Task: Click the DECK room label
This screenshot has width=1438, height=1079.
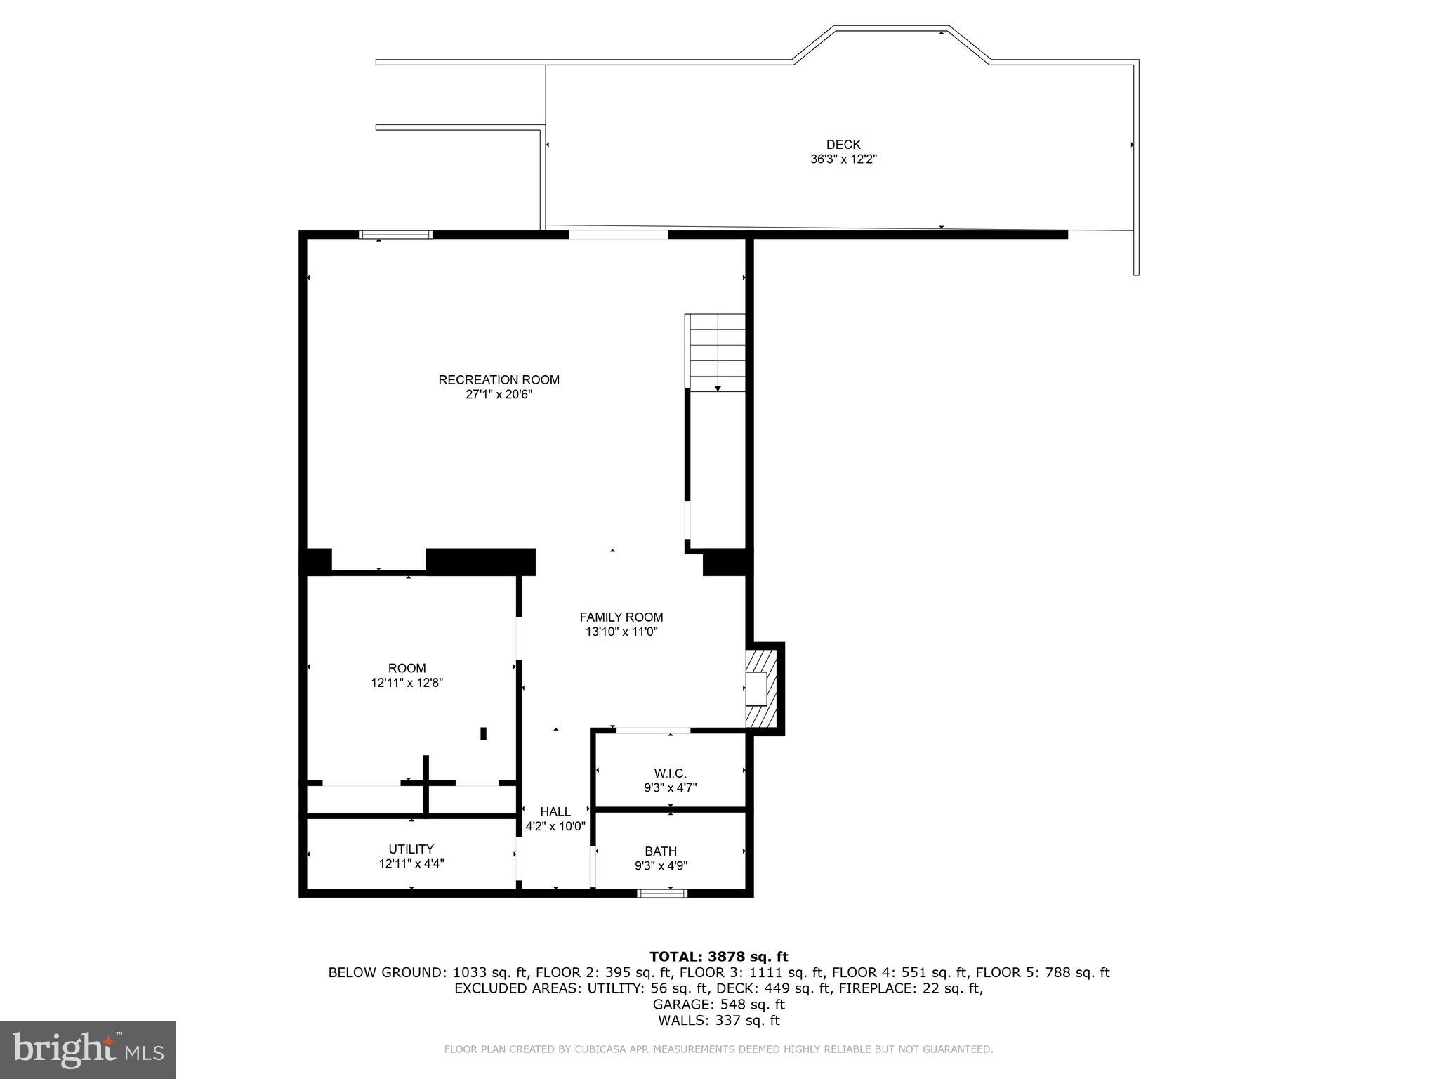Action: coord(843,145)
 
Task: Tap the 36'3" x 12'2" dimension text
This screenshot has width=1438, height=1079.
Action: coord(843,159)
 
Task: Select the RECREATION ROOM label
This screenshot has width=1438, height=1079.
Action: coord(499,380)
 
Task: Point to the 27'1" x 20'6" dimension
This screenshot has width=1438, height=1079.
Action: coord(499,395)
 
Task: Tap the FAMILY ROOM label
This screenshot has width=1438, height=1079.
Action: coord(621,617)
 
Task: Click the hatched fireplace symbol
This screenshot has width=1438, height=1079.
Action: coord(761,688)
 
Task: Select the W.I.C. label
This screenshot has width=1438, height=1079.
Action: coord(670,773)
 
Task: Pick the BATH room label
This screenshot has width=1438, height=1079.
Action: coord(661,851)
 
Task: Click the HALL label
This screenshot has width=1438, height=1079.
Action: coord(555,812)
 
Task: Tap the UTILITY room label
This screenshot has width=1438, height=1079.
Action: coord(411,849)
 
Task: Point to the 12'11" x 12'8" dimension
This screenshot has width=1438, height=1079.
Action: coord(407,683)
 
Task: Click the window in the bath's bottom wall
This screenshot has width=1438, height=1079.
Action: coord(662,893)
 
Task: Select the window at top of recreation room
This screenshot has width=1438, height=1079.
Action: coord(395,235)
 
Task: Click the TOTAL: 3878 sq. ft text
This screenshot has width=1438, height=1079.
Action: coord(718,957)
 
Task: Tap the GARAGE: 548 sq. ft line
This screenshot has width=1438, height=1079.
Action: coord(718,1005)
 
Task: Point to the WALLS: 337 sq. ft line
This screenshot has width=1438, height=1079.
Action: coord(718,1021)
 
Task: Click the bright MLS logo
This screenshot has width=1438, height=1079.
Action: coord(88,1050)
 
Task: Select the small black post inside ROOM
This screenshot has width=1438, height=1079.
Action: coord(483,733)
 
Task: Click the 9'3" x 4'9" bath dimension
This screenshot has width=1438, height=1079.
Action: coord(661,866)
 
